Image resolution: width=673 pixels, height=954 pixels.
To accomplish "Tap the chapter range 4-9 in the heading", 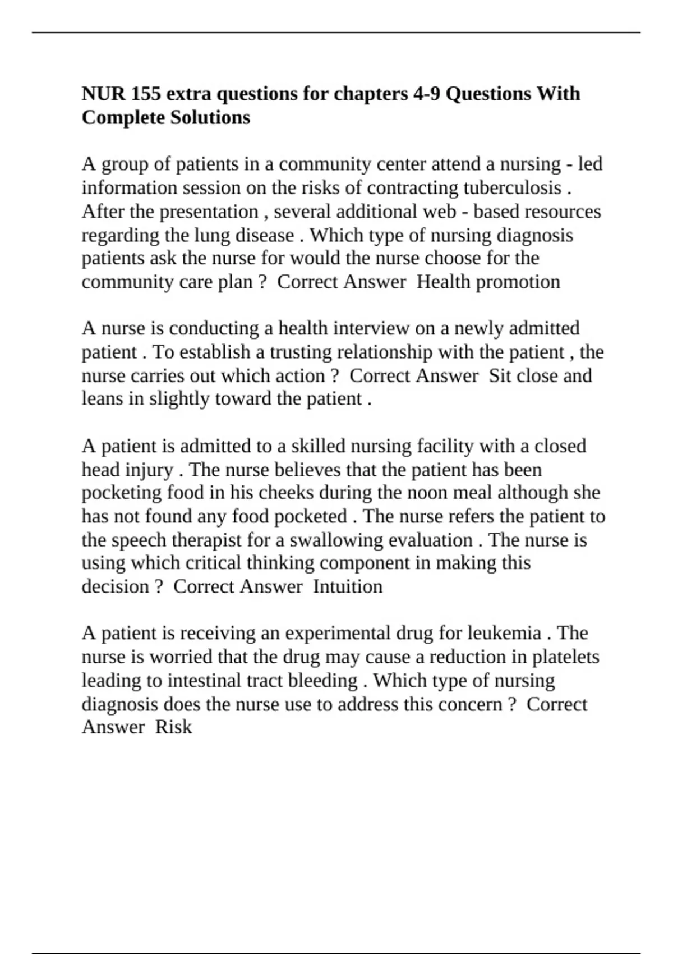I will click(x=426, y=94).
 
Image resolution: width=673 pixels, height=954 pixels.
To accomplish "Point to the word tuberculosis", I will click(x=512, y=188).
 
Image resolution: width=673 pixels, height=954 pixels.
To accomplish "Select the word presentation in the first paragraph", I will click(x=209, y=212).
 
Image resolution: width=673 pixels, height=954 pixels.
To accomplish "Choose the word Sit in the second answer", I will click(x=500, y=376).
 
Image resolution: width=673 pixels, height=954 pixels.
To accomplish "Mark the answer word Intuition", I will click(x=348, y=587).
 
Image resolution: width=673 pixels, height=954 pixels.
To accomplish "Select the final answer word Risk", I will click(x=173, y=727).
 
